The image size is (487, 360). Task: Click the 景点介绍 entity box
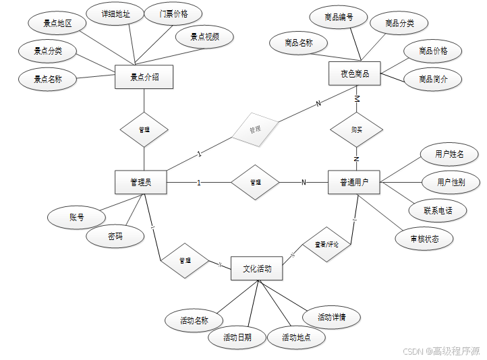(x=144, y=77)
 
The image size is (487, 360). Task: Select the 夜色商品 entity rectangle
(x=355, y=73)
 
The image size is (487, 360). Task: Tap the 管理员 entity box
(x=140, y=182)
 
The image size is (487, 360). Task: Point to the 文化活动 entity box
(x=257, y=268)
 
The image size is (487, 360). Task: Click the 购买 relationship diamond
(x=356, y=129)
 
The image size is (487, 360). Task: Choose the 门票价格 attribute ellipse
(x=174, y=14)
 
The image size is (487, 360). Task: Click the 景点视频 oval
(x=204, y=37)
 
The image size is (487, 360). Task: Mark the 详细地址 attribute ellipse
(x=115, y=14)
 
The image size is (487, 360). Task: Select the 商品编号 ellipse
(x=337, y=17)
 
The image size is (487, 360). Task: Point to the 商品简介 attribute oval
(x=433, y=79)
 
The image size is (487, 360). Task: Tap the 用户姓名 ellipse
(x=450, y=154)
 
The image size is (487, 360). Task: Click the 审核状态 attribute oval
(x=424, y=238)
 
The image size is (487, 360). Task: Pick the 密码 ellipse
(x=115, y=237)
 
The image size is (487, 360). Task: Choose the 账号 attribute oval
(x=77, y=217)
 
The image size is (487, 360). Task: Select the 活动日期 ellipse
(x=238, y=337)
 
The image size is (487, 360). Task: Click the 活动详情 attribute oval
(x=331, y=317)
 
